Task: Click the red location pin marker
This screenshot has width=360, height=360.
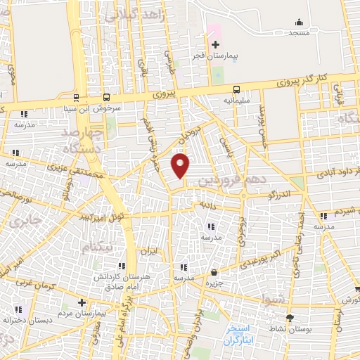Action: pyautogui.click(x=181, y=165)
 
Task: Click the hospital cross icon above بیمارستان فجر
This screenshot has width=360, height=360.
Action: pyautogui.click(x=215, y=44)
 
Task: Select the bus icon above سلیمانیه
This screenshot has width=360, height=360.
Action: pyautogui.click(x=236, y=89)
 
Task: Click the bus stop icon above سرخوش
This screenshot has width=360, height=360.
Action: pyautogui.click(x=106, y=97)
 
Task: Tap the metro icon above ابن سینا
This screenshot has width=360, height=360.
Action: pyautogui.click(x=75, y=97)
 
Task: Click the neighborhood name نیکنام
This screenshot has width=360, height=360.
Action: pyautogui.click(x=97, y=247)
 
